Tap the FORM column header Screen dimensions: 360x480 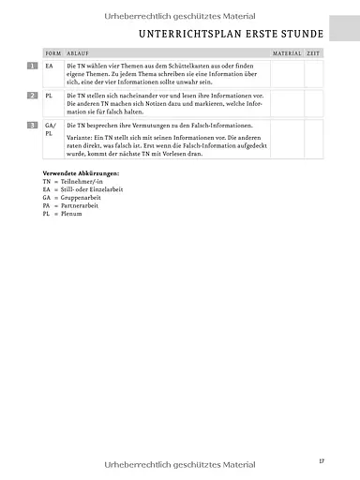(52, 54)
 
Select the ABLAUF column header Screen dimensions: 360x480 (78, 54)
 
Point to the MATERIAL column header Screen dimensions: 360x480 (287, 54)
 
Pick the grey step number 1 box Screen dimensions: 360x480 (33, 67)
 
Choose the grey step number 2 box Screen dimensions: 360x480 (33, 96)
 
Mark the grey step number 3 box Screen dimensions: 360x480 (33, 125)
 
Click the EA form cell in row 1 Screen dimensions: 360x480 (50, 67)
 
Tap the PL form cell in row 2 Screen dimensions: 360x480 (50, 96)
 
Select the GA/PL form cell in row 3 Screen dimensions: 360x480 (51, 129)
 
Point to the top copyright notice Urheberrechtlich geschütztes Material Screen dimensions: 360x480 (180, 10)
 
